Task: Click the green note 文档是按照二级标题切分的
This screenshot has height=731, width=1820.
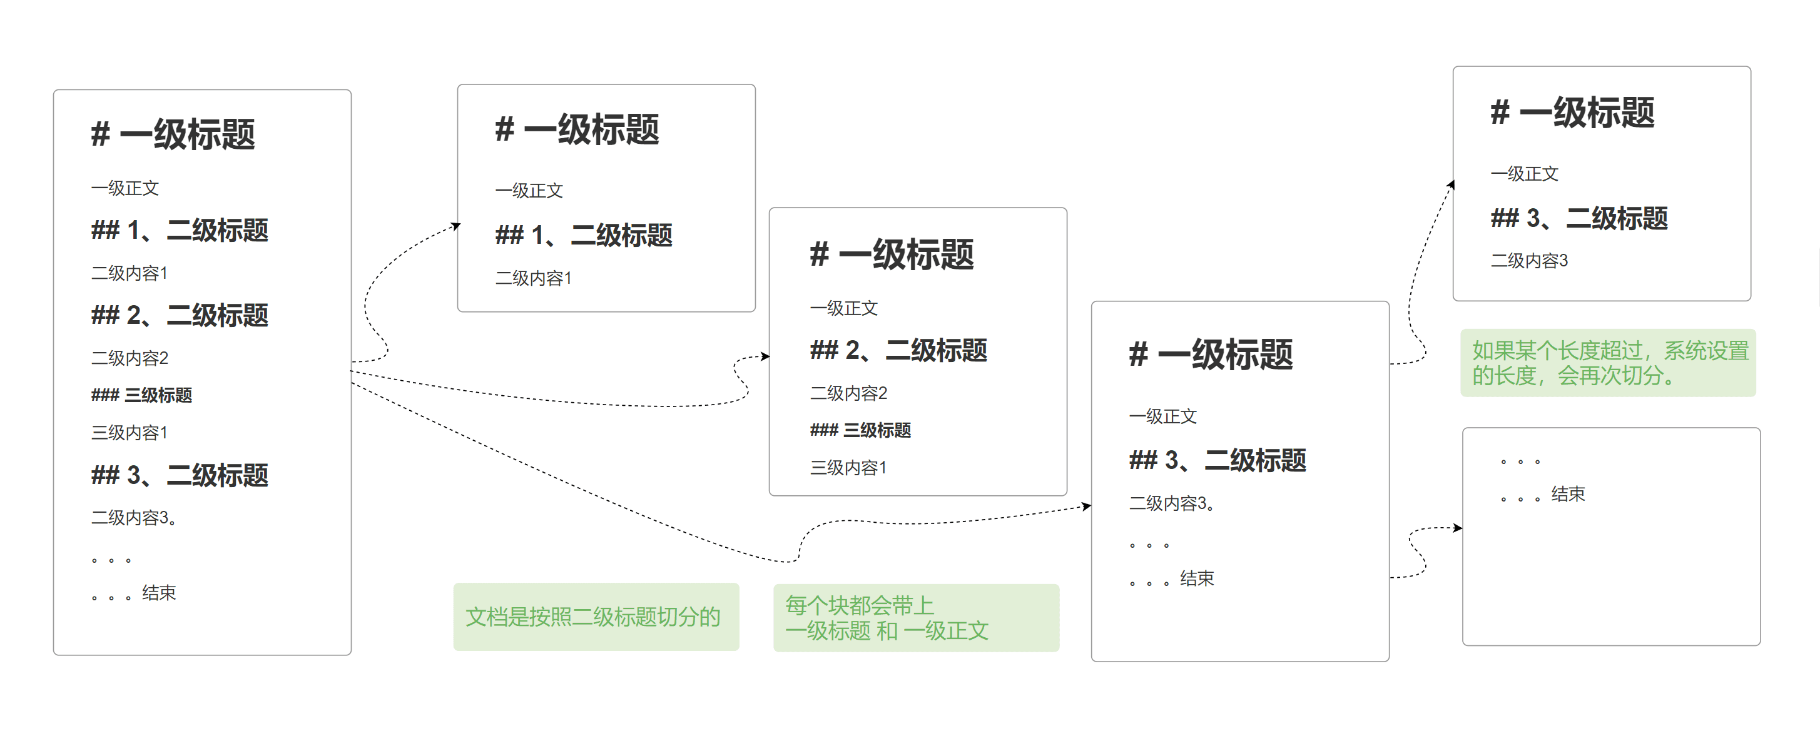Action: click(596, 617)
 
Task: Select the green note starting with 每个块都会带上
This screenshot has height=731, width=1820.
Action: click(916, 617)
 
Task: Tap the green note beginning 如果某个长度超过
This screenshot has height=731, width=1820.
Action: click(1607, 362)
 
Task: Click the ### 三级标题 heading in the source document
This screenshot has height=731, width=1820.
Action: click(141, 395)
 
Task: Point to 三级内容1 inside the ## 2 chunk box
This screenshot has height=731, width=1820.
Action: click(848, 468)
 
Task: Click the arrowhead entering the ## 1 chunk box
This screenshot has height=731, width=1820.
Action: click(457, 226)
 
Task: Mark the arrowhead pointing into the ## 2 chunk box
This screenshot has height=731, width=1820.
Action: click(766, 356)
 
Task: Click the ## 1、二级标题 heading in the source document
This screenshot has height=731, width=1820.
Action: click(180, 230)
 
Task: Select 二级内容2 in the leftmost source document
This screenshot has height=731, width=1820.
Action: click(130, 358)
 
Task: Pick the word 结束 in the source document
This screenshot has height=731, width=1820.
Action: click(158, 593)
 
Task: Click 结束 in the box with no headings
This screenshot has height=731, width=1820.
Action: click(1568, 495)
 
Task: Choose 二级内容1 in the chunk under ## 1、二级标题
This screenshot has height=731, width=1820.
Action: click(532, 278)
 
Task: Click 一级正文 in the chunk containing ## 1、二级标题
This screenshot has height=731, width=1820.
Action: click(529, 191)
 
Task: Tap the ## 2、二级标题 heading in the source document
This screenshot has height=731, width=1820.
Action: click(180, 315)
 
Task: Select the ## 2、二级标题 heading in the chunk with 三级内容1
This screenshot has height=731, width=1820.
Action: click(898, 350)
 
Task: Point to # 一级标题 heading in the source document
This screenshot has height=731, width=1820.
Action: click(173, 134)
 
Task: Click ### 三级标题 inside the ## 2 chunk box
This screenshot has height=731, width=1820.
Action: click(860, 430)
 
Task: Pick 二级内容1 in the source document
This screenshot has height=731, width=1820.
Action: click(130, 273)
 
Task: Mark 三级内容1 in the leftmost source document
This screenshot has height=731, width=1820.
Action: click(130, 432)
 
